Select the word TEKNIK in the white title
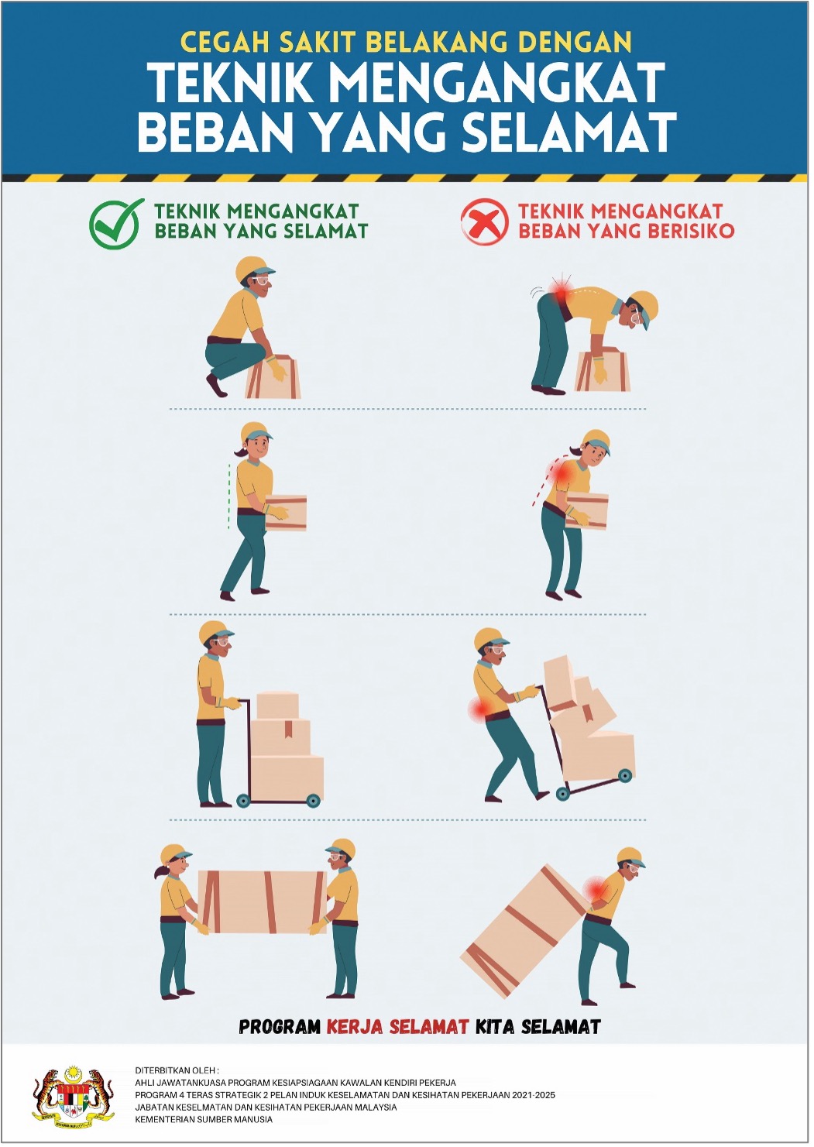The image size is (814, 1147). point(230,83)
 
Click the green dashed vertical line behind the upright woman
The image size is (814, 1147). point(228,496)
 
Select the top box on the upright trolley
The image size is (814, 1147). point(277,705)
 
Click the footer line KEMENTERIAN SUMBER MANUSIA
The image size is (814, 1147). point(204,1119)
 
